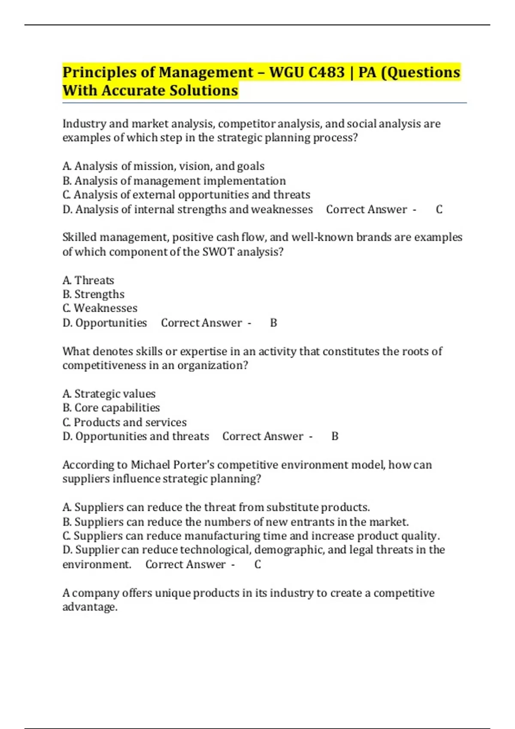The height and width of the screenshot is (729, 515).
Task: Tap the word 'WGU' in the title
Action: [287, 72]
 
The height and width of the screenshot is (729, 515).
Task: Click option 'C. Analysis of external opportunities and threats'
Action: [186, 195]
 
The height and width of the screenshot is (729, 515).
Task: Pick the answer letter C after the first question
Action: [439, 209]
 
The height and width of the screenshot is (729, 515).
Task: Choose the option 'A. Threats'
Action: [88, 280]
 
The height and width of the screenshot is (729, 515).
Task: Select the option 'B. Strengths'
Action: [93, 295]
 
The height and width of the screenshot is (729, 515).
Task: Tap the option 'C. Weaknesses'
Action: [100, 308]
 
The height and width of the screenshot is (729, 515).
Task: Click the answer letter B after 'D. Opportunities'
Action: [273, 323]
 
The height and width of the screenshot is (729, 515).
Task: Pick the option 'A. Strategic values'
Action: [109, 394]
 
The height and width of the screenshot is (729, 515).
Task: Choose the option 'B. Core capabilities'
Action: [111, 408]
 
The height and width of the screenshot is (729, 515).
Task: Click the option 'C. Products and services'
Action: [124, 422]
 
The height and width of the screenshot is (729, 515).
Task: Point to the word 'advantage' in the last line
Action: [89, 607]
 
